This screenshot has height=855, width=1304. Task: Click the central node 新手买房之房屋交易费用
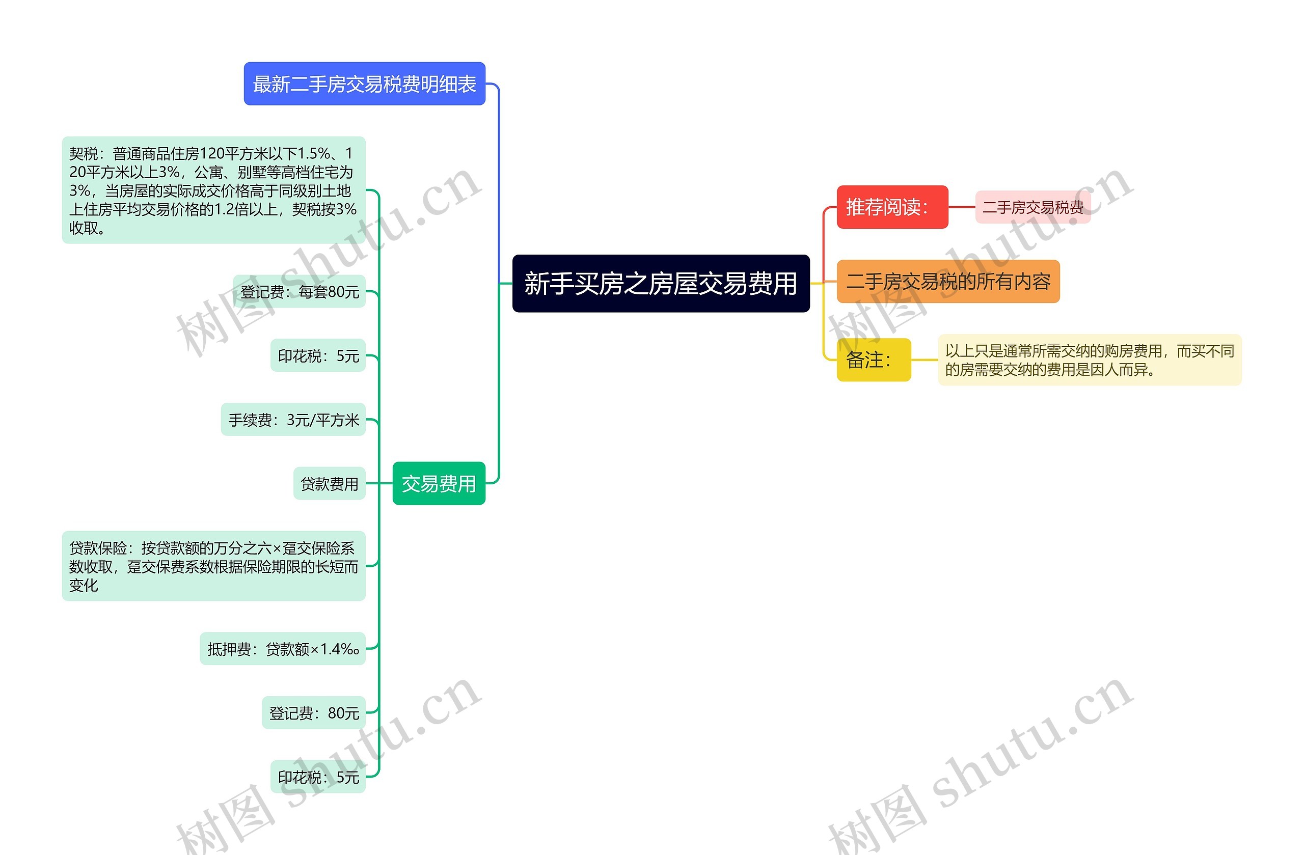(660, 283)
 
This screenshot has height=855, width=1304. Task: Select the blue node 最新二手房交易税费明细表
(364, 84)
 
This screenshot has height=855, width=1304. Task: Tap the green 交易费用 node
(439, 483)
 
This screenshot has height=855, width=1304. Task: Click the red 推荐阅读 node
(891, 207)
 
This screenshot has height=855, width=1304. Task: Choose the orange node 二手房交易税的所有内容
(948, 282)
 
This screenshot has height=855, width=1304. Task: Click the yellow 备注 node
(874, 360)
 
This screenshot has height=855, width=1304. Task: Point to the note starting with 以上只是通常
(1089, 360)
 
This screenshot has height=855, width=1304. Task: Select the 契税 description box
(213, 190)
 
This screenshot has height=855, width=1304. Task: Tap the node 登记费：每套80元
(299, 291)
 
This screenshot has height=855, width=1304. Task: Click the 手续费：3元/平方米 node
(293, 420)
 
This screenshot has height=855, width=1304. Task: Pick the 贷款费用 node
(329, 484)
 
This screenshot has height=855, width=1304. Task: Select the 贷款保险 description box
(213, 566)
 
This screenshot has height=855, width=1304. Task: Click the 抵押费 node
(282, 649)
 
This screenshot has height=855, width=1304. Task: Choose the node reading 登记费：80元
(313, 712)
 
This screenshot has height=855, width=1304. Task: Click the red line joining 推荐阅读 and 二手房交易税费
(962, 207)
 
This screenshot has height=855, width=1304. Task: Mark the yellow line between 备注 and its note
(925, 360)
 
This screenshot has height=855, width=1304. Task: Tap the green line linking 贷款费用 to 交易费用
(379, 483)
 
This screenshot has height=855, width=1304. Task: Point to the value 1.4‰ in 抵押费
(340, 649)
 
